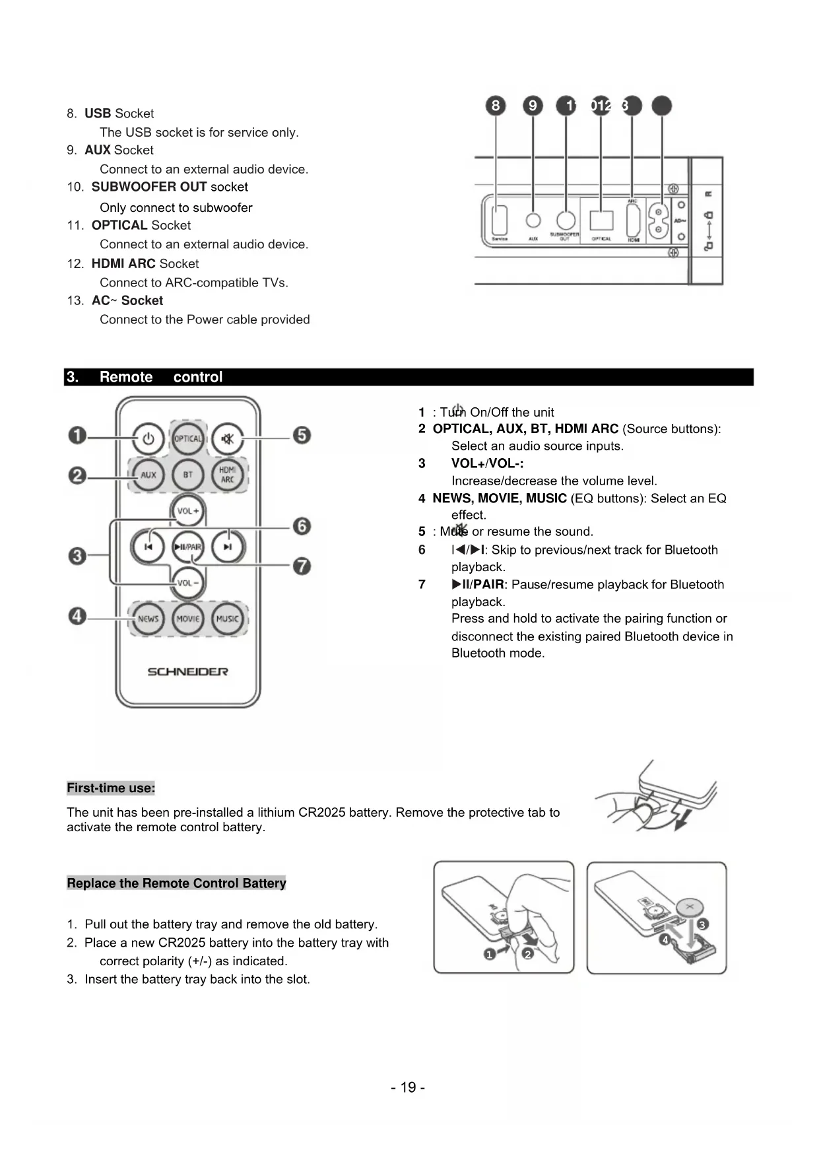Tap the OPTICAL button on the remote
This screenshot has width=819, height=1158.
(188, 438)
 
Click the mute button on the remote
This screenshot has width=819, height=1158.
(228, 438)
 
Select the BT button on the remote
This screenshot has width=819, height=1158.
(188, 475)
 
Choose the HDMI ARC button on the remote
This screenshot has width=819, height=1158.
(228, 475)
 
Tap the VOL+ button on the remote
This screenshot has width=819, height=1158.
(188, 511)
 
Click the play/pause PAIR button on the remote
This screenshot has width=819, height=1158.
(188, 547)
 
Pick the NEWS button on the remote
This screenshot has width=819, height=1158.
(148, 619)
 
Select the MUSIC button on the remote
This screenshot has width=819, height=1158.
(228, 619)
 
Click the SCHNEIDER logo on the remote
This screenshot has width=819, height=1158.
(187, 671)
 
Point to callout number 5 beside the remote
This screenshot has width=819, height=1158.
(302, 436)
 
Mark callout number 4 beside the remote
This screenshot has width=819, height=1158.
(77, 617)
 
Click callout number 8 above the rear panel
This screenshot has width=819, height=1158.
(496, 106)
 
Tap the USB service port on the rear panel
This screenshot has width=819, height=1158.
(500, 218)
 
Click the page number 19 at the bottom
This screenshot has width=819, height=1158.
(408, 1087)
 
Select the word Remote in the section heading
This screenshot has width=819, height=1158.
(126, 377)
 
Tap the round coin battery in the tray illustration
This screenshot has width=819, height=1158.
(690, 908)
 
